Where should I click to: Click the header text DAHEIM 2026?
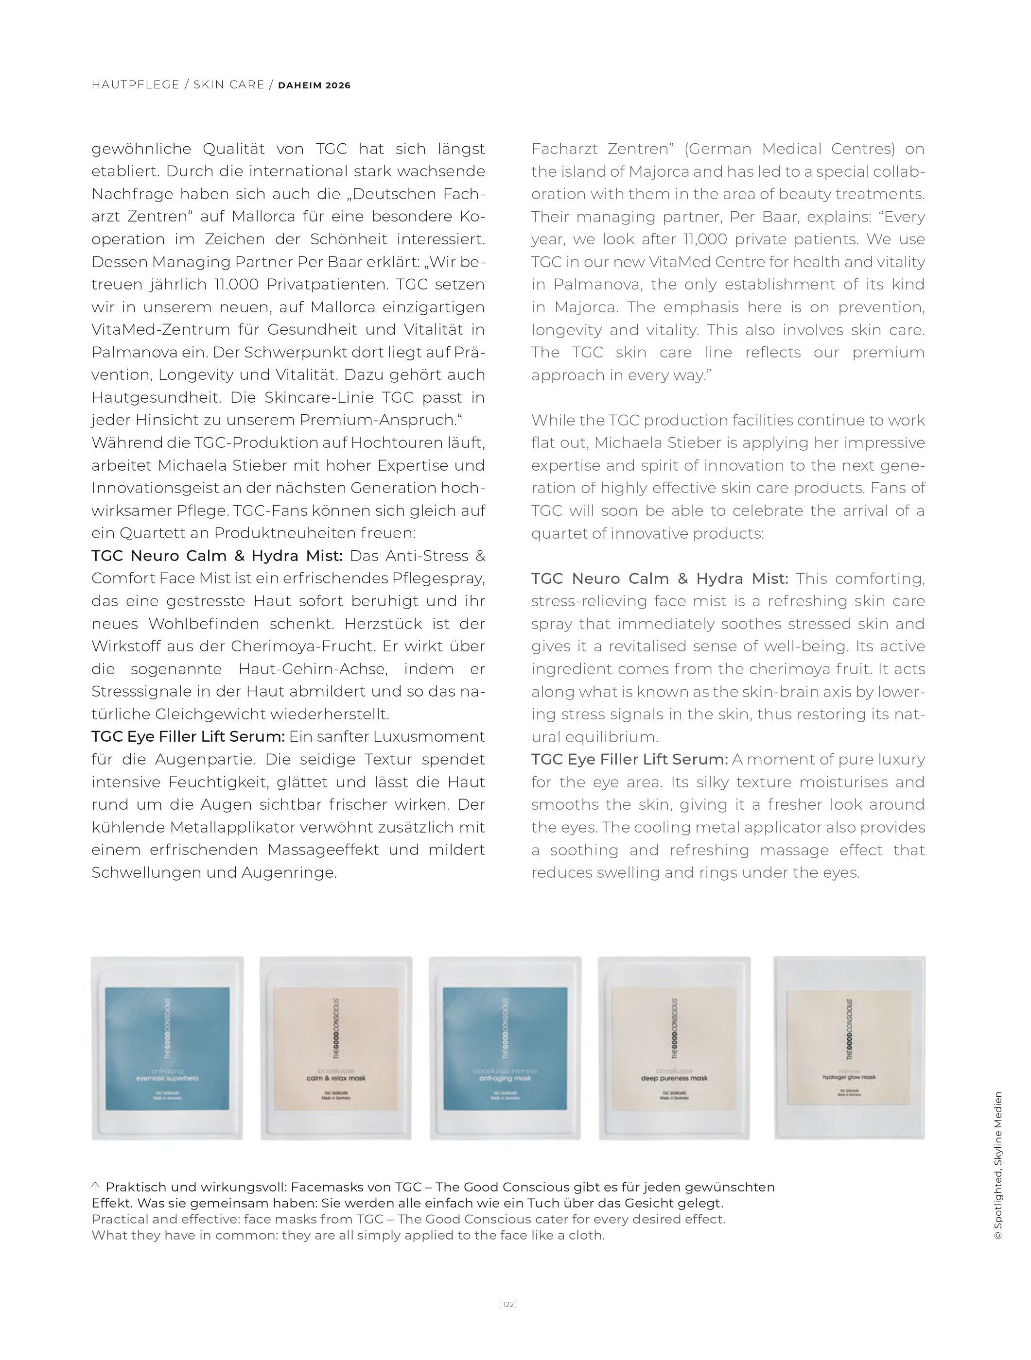[x=315, y=85]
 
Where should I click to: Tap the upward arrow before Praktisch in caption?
[x=95, y=1187]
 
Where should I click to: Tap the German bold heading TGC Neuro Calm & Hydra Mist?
[x=216, y=556]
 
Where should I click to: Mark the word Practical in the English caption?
[x=120, y=1219]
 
